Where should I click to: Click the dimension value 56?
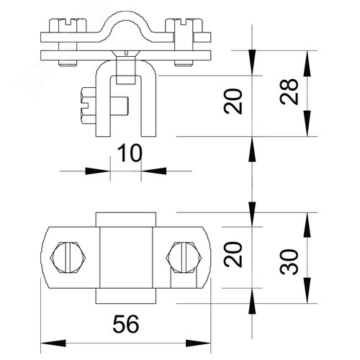[126, 324]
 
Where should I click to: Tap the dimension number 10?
[130, 153]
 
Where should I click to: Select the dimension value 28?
[289, 91]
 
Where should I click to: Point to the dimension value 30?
[289, 261]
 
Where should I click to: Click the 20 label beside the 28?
[233, 101]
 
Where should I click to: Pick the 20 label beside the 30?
[233, 254]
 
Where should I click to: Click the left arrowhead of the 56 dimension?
[53, 343]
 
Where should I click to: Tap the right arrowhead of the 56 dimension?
[198, 343]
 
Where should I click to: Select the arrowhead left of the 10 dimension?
[98, 171]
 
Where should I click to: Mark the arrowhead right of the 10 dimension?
[153, 171]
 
